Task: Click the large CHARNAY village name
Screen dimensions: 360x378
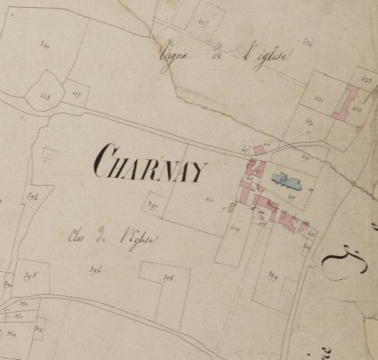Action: [x=150, y=164]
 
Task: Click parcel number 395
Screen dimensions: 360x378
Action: [x=31, y=274]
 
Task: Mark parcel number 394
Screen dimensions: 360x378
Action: [x=32, y=194]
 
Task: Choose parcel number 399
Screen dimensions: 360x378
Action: [x=273, y=275]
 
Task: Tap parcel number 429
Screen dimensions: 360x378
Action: [x=44, y=47]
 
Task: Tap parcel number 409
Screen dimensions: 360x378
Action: [x=235, y=229]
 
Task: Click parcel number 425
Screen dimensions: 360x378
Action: [x=203, y=23]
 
